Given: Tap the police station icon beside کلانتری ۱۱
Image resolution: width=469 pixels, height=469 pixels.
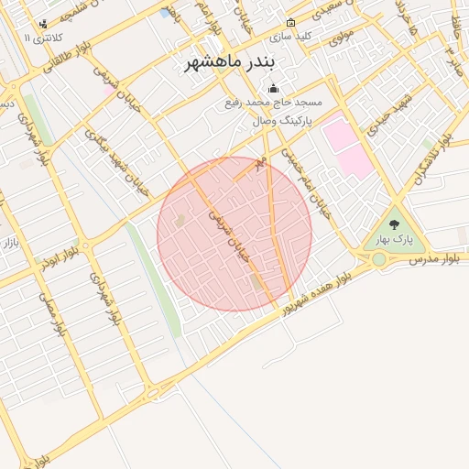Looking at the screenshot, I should [43, 24].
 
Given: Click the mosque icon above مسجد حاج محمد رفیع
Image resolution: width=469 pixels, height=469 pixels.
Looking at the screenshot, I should [272, 89].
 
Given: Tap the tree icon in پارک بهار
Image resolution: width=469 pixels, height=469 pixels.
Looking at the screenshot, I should [395, 224].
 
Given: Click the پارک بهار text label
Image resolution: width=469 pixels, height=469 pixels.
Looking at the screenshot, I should [395, 240].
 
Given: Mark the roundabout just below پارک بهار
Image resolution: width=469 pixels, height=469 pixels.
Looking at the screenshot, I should [378, 260].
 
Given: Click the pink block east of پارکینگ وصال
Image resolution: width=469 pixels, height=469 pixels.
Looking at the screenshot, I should [347, 147].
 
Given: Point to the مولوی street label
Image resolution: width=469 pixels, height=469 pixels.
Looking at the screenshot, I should [342, 37].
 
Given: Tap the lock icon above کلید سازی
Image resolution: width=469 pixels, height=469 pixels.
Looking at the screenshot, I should [290, 22].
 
